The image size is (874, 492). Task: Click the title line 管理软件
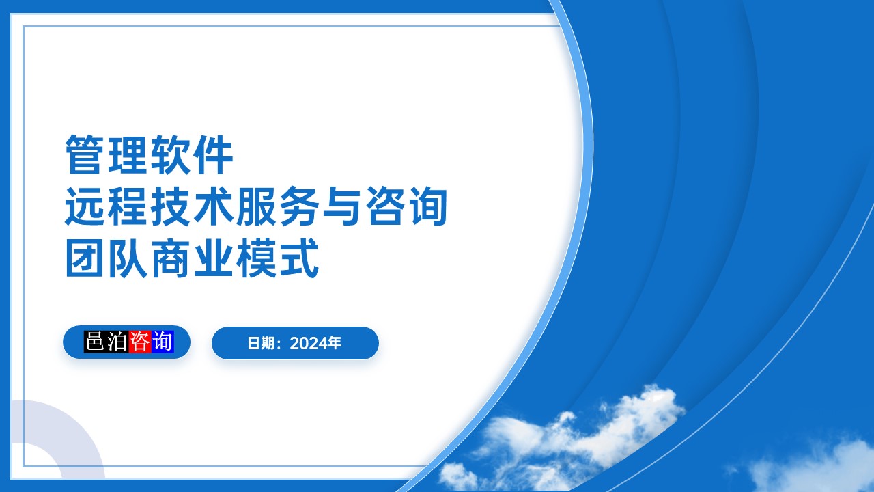pos(149,155)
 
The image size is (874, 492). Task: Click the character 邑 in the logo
pos(95,342)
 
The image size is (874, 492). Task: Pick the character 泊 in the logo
pos(117,342)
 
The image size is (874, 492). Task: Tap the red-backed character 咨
pos(139,342)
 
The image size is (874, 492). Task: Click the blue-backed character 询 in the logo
pos(163,342)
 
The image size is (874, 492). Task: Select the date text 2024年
pos(315,343)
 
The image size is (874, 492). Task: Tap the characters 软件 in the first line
pos(192,155)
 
